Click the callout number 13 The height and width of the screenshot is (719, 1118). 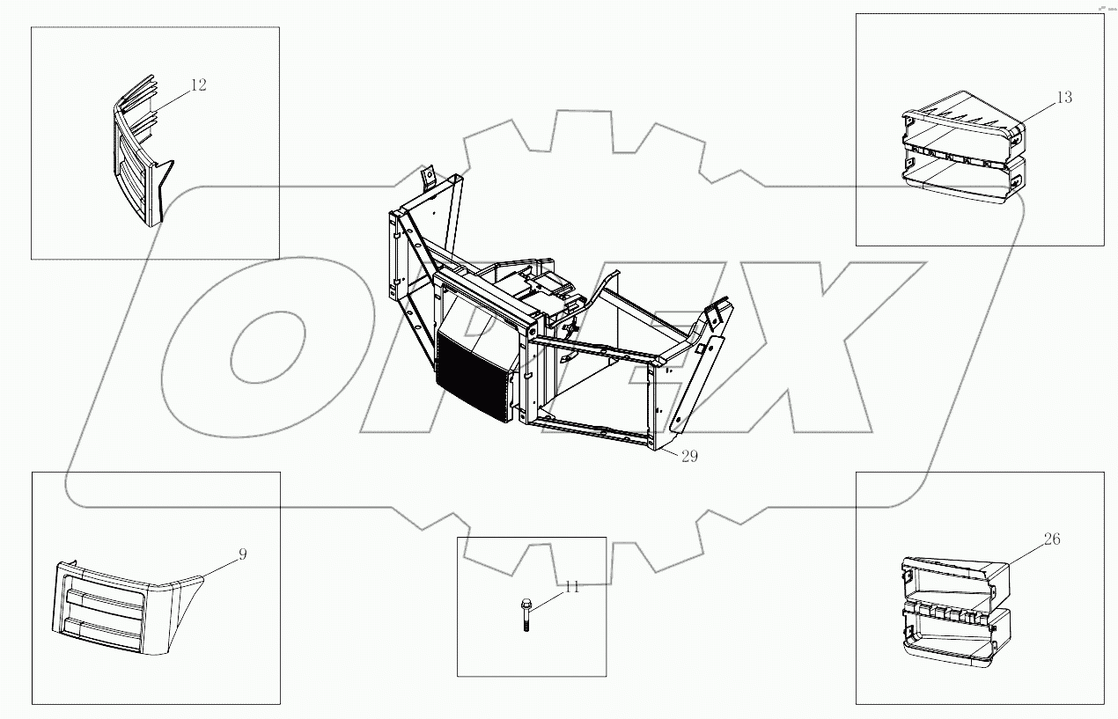[x=1063, y=98]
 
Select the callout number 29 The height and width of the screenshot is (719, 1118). [x=688, y=458]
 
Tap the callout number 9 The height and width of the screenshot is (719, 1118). [x=243, y=554]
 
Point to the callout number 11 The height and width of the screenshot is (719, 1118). [x=572, y=587]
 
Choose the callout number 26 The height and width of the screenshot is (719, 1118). [x=1052, y=539]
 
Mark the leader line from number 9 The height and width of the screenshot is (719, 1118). [x=220, y=565]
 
